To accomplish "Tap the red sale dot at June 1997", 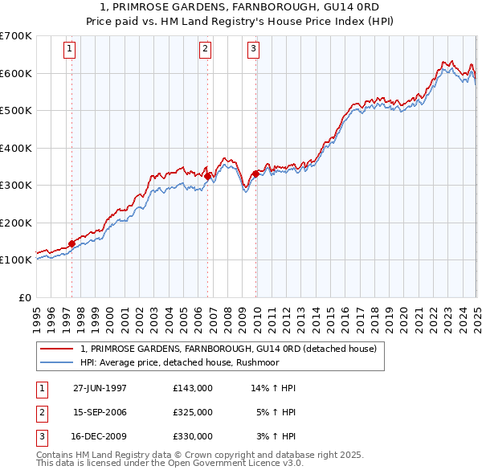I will click(71, 243).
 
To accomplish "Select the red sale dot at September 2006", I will click(207, 176).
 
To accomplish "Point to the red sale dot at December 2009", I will click(255, 174).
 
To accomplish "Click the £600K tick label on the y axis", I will click(16, 73).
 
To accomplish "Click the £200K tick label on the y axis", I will click(16, 223).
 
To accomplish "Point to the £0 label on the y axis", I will click(25, 297).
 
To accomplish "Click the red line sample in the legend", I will click(56, 349).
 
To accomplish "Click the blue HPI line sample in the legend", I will click(56, 362).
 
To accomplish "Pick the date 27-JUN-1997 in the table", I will click(100, 388).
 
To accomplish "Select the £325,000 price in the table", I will click(193, 412).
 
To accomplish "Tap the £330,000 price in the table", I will click(193, 436).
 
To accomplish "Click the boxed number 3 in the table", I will click(41, 436).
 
